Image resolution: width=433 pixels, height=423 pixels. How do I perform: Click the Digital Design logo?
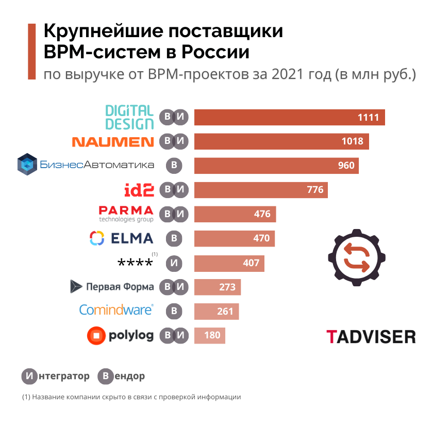click(x=129, y=117)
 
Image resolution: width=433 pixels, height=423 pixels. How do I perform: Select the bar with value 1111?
click(x=289, y=117)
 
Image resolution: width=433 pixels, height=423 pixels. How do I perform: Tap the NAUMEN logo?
click(x=112, y=142)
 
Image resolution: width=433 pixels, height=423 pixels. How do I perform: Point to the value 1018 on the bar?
click(x=352, y=141)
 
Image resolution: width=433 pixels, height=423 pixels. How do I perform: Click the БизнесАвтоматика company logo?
click(x=86, y=165)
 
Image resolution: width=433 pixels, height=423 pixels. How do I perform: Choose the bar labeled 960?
click(x=276, y=166)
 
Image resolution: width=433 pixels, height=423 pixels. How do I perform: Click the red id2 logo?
click(x=139, y=190)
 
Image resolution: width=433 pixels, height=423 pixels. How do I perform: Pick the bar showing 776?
click(x=260, y=190)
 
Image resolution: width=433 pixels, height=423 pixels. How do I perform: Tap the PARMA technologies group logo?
click(x=126, y=214)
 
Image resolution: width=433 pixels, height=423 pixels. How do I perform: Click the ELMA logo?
click(x=122, y=238)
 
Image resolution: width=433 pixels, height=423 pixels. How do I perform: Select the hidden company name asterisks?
click(x=135, y=264)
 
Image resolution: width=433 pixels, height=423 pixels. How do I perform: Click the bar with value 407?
click(x=229, y=263)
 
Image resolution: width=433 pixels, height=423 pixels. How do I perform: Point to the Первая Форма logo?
click(x=112, y=287)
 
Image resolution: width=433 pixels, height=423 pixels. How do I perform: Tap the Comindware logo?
click(x=116, y=310)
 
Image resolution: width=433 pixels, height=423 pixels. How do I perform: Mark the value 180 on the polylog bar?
click(x=212, y=336)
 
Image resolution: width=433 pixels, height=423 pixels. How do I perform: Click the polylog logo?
click(x=121, y=336)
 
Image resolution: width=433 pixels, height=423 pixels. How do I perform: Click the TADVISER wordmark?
click(x=371, y=336)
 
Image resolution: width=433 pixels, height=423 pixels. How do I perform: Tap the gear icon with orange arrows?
click(x=356, y=256)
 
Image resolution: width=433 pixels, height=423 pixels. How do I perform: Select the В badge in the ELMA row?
click(x=174, y=238)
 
